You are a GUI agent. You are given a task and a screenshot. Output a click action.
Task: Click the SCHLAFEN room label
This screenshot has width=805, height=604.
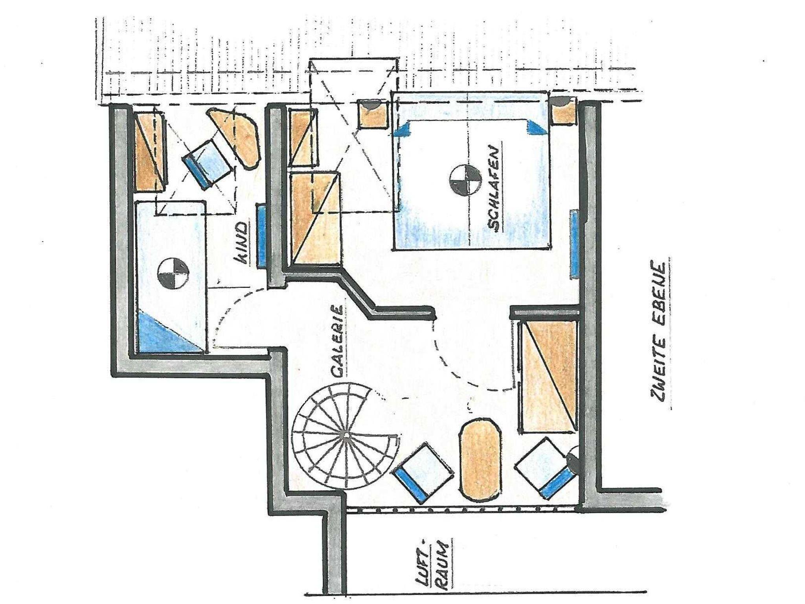tap(495, 189)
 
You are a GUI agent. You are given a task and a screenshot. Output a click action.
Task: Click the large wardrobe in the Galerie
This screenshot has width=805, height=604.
tap(548, 377)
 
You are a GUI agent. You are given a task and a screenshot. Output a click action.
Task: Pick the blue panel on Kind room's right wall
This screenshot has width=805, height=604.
tap(262, 236)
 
